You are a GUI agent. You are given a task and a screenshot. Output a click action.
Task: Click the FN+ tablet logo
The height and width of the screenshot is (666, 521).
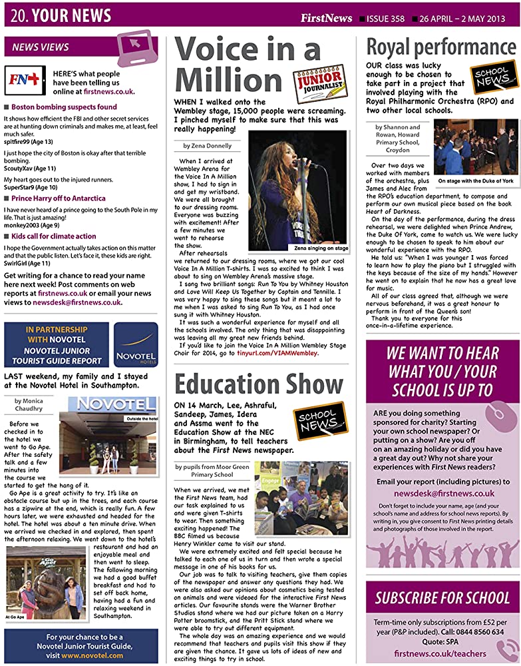[x=25, y=80]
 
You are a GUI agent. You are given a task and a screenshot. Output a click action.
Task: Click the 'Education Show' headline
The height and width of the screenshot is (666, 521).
[x=259, y=385]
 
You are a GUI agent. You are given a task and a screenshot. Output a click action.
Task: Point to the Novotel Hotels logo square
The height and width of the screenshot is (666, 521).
[x=136, y=344]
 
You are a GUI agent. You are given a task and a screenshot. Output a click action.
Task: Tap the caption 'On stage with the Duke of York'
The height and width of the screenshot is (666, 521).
[x=475, y=180]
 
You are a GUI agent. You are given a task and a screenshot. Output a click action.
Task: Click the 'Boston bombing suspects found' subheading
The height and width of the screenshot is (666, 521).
[x=64, y=107]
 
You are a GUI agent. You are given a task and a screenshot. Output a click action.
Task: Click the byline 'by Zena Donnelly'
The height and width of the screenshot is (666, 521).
[x=209, y=145]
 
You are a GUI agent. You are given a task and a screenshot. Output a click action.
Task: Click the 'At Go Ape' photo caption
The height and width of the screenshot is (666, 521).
[x=17, y=617]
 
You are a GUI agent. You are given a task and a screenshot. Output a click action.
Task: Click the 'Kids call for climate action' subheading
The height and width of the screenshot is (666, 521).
[x=54, y=236]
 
